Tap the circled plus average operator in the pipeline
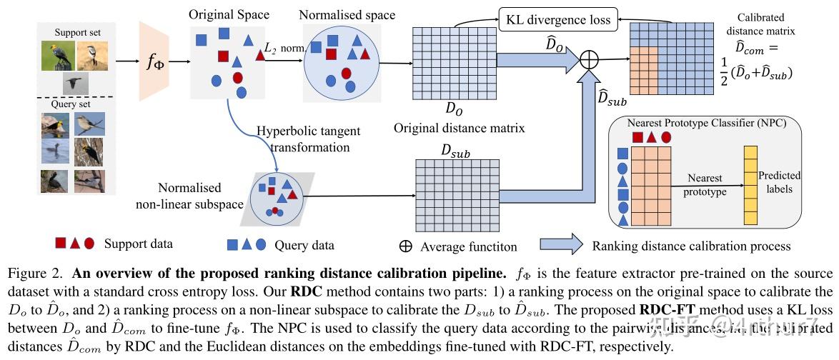(x=587, y=61)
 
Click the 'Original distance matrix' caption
(x=460, y=129)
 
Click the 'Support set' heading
(x=77, y=34)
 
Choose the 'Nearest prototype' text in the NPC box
(x=705, y=184)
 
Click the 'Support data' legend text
(x=138, y=244)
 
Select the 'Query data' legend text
(x=304, y=245)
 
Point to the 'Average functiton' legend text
(x=468, y=246)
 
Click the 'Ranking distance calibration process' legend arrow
(x=561, y=244)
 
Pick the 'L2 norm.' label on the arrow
(x=283, y=47)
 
